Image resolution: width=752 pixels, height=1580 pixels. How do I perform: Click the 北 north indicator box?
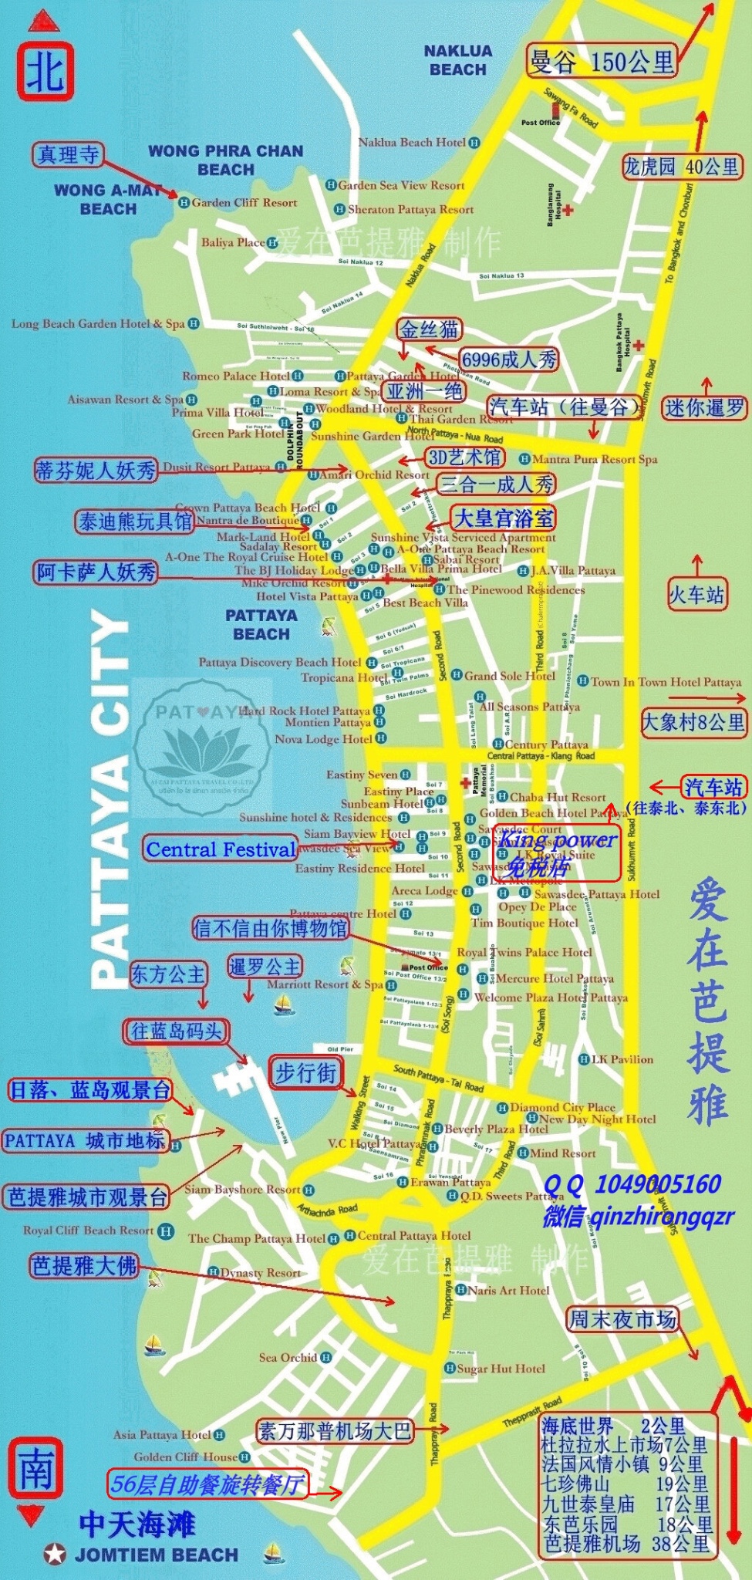coord(46,72)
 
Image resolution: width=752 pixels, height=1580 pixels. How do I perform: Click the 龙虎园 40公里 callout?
coord(682,167)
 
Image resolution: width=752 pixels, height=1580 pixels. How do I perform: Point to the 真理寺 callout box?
coord(69,155)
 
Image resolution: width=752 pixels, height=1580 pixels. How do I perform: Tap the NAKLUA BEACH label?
coord(457,60)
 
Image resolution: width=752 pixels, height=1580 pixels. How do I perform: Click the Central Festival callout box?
coord(221,849)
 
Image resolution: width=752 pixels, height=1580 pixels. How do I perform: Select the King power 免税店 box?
coord(557,852)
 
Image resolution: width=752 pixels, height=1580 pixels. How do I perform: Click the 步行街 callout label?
coord(306,1072)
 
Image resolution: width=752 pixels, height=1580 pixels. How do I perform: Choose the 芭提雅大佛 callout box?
coord(84,1265)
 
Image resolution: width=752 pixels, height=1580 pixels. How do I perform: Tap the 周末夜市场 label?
coord(622,1319)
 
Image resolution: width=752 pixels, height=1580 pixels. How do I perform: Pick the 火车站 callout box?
coord(696,594)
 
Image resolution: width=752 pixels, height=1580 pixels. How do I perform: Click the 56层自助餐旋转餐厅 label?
coord(207,1484)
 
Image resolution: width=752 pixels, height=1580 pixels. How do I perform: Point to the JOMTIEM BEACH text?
coord(156,1555)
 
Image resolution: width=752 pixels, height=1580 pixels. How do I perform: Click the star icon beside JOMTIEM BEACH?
coord(55,1555)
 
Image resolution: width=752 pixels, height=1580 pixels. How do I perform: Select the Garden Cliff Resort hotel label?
coord(244,203)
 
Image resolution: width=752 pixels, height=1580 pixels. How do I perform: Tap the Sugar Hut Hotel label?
coord(501,1369)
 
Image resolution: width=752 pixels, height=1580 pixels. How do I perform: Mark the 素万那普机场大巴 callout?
coord(335,1431)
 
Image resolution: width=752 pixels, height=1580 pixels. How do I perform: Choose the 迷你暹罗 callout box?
coord(705,407)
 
